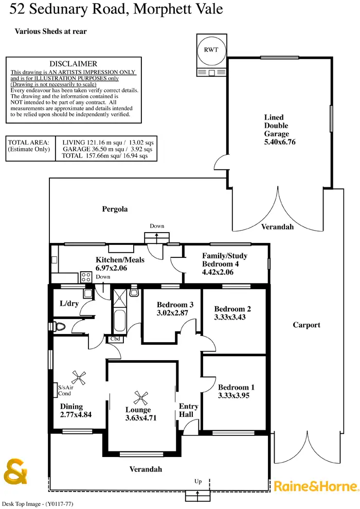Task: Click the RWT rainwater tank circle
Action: click(x=209, y=50)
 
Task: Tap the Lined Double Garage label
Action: click(x=276, y=126)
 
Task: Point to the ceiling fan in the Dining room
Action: click(x=78, y=377)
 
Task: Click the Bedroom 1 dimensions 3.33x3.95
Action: click(x=236, y=396)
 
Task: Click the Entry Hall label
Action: click(x=188, y=410)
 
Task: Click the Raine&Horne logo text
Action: click(x=315, y=485)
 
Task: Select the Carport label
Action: click(x=307, y=325)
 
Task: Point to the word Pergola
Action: click(x=115, y=209)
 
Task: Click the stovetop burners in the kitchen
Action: click(x=86, y=277)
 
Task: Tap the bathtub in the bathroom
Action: click(x=120, y=321)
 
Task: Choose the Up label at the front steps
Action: click(x=198, y=481)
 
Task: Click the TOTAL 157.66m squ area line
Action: click(x=105, y=155)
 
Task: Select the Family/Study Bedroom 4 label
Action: click(x=224, y=264)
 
